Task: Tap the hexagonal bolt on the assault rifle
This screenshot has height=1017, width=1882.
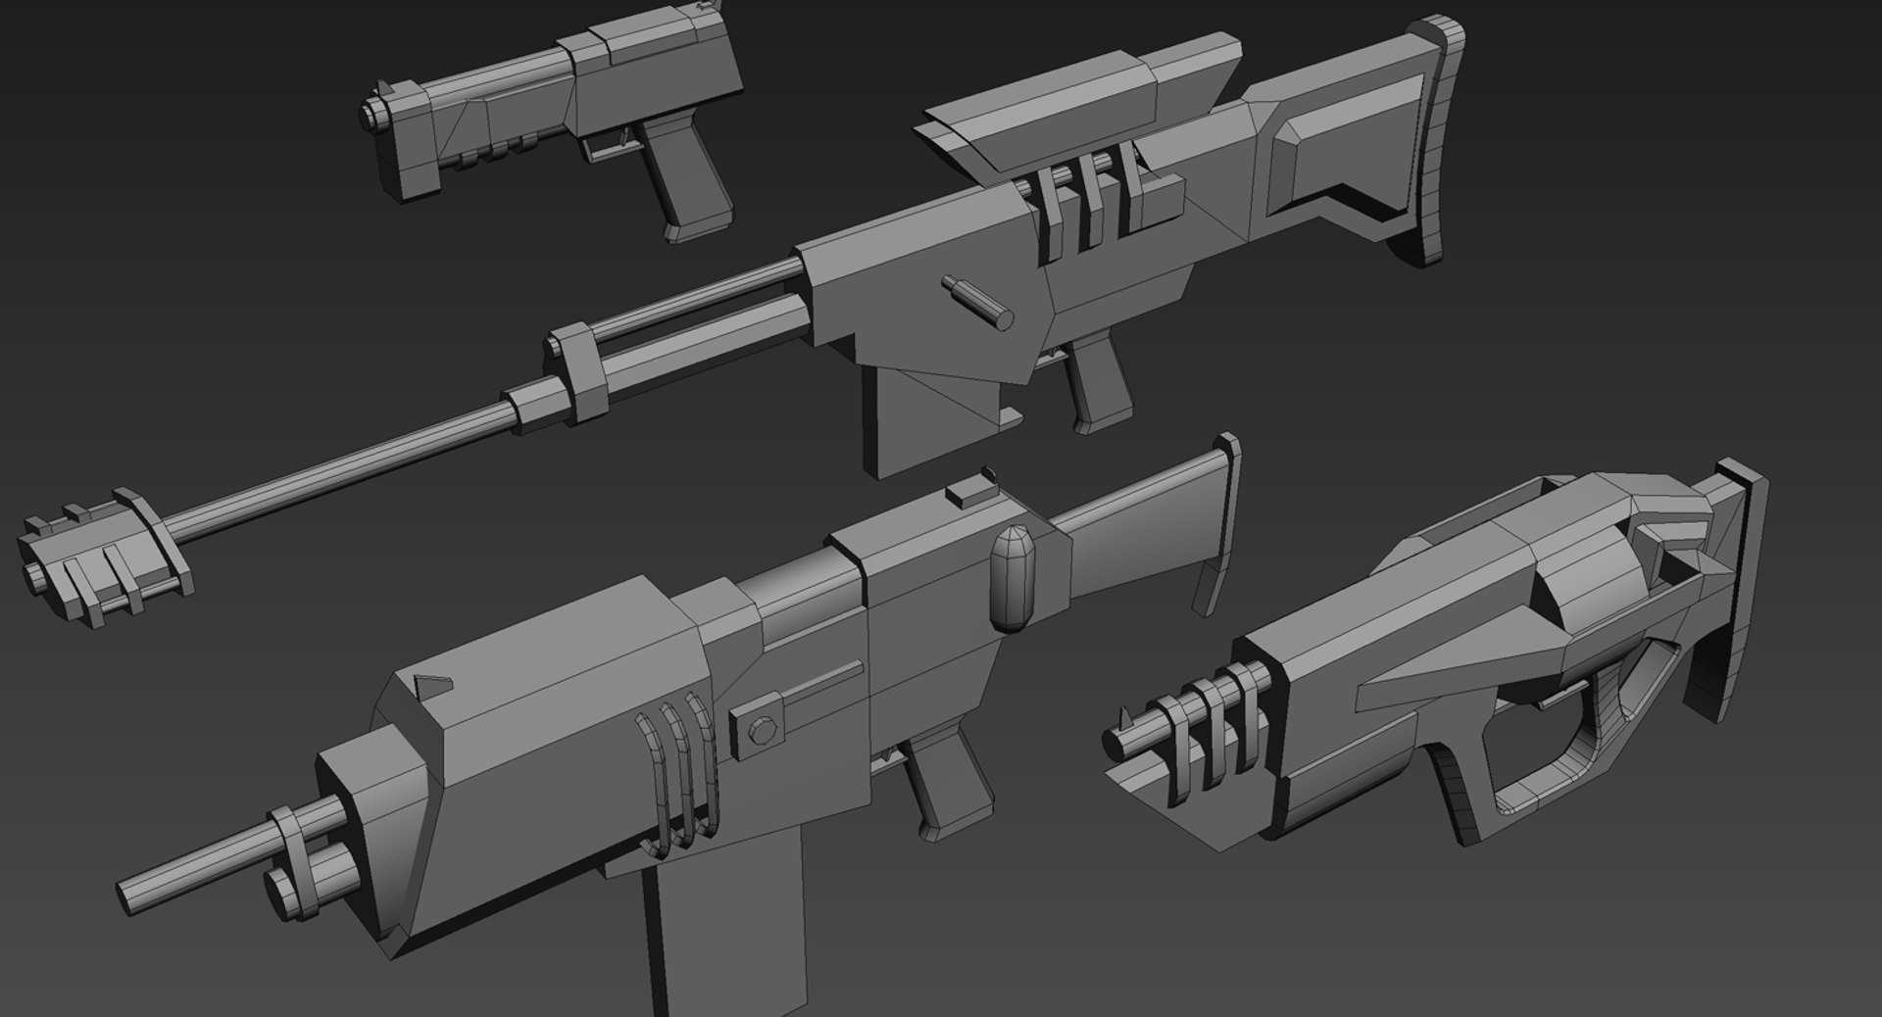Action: click(x=762, y=730)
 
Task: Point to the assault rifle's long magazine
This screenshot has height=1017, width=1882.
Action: click(x=706, y=941)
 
